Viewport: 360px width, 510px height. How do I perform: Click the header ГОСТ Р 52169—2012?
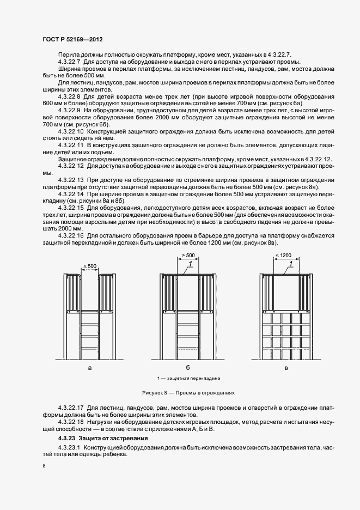click(x=72, y=40)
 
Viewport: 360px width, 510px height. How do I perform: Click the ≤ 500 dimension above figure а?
click(x=90, y=266)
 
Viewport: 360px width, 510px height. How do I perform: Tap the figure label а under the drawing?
click(x=89, y=368)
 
